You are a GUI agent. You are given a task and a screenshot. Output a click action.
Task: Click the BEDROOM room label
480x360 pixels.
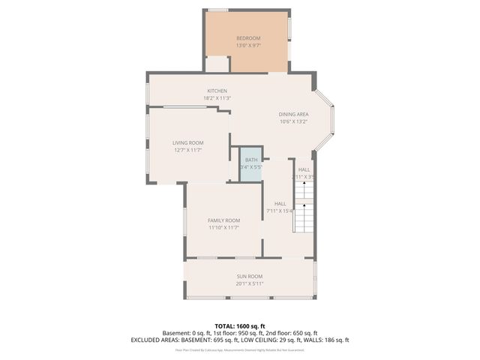247,38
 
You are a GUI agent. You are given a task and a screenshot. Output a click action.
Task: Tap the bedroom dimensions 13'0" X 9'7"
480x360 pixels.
247,46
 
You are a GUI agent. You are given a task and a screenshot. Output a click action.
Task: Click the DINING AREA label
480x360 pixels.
294,114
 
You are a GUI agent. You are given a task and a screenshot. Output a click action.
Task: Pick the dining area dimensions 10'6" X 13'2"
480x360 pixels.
294,121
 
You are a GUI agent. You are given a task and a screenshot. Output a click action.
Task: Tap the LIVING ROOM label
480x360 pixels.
188,142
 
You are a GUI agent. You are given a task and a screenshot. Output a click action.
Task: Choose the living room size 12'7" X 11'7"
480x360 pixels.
188,150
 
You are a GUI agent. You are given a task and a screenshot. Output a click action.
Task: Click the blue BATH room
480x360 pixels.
250,163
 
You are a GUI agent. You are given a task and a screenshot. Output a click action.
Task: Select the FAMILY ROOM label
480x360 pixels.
223,220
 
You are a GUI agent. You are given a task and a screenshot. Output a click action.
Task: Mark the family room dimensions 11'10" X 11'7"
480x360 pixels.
223,228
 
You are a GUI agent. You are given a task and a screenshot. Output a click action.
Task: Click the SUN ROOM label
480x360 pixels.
250,277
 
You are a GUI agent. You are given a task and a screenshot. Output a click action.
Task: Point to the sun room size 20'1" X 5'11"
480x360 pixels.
250,284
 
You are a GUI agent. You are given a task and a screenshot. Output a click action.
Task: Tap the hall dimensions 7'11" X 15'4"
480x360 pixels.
280,211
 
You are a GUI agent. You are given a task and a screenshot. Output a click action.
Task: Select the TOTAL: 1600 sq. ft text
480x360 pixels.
240,326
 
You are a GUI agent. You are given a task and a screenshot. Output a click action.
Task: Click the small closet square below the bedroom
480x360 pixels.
217,64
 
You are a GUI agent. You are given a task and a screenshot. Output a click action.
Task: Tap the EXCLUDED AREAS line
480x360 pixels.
240,340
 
